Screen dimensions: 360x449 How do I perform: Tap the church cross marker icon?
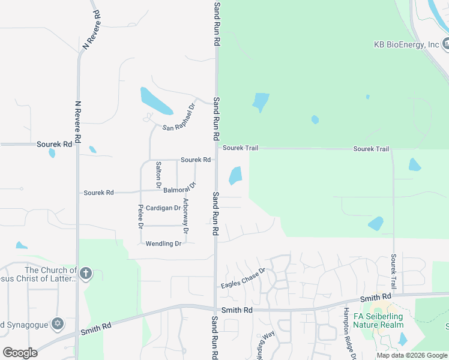(x=86, y=274)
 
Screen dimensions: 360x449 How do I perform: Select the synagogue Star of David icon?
(x=58, y=324)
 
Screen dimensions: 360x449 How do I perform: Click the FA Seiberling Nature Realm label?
(x=378, y=320)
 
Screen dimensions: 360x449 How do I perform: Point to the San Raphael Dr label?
(x=179, y=118)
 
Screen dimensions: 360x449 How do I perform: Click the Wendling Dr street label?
(x=163, y=244)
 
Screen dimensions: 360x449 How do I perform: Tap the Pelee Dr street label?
(x=140, y=217)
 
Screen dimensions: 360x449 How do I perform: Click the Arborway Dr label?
(x=186, y=215)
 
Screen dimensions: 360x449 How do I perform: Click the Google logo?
(x=20, y=352)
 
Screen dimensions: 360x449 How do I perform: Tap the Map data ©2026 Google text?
(x=412, y=355)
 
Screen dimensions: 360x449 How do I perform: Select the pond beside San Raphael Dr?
(x=155, y=101)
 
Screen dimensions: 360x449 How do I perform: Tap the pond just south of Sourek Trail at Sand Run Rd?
(x=235, y=176)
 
